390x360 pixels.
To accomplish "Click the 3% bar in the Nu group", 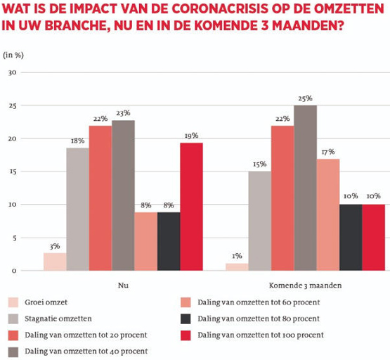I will tap(55, 262).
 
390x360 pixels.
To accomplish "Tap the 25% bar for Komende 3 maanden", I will tap(305, 188).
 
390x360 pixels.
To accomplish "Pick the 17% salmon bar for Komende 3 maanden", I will tap(328, 214).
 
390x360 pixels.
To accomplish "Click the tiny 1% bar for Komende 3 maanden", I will tap(238, 267).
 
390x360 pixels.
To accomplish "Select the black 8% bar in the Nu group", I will tap(169, 241).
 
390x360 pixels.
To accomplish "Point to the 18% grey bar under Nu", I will tap(77, 209).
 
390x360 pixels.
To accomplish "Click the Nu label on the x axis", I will tap(123, 286).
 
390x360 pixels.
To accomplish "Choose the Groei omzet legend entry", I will tap(46, 302).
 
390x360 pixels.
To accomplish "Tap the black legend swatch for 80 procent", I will tap(186, 319).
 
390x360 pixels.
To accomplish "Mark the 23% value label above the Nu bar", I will tap(123, 112).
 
